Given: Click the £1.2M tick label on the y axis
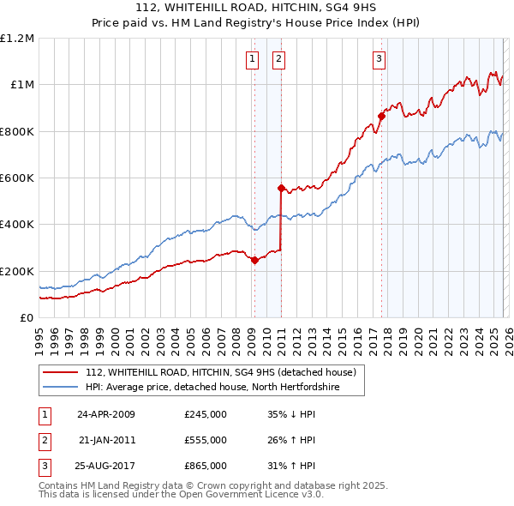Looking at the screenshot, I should tap(17, 39).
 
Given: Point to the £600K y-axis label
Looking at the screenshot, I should tap(17, 178).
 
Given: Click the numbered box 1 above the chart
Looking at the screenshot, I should tap(254, 59).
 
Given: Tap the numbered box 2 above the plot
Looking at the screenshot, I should tap(280, 59).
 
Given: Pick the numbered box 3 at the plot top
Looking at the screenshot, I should tap(380, 59).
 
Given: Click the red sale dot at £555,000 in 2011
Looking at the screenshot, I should tap(281, 188).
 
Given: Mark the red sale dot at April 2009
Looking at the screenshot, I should tap(254, 261).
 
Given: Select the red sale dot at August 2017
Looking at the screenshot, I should tap(381, 116).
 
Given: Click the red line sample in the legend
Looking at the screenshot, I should tap(62, 371).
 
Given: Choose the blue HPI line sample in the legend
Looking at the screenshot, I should tap(62, 388).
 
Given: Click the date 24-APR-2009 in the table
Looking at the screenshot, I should tap(106, 414).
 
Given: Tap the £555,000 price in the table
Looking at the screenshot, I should tap(206, 440).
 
